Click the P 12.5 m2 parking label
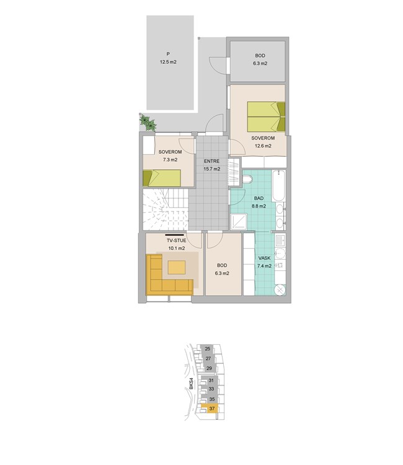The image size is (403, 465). pos(168,58)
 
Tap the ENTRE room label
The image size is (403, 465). pos(212,161)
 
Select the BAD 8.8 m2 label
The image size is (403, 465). pos(259,202)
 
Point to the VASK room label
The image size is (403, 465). pos(264,259)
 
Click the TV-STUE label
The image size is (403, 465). pos(177,241)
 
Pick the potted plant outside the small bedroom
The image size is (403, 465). pos(148,123)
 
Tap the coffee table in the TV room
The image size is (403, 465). pos(177,267)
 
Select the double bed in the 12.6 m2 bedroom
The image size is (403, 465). pos(266,117)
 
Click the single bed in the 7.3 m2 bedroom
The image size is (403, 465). pos(162,178)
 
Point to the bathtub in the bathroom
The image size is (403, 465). pos(278,185)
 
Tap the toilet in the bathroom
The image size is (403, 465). pos(247,179)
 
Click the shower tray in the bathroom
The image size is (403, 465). pos(239,222)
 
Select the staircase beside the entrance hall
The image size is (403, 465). pos(166,210)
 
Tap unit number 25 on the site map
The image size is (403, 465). pos(208,348)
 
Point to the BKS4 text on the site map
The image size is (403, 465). pos(192,383)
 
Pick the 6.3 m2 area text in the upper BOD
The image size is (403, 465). pos(260,63)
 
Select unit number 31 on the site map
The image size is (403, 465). pos(211,380)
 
